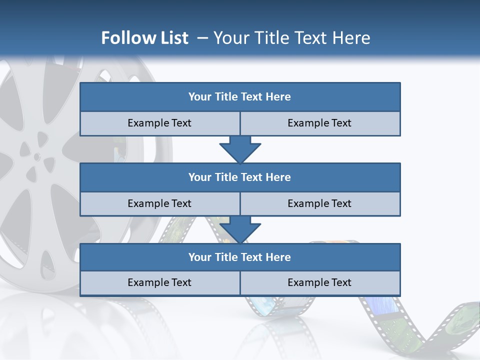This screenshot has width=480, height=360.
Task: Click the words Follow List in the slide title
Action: pos(144,38)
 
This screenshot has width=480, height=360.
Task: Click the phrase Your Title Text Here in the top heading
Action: pos(291,38)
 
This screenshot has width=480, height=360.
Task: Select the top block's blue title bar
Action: pos(240,97)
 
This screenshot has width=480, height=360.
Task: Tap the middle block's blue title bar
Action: pos(240,177)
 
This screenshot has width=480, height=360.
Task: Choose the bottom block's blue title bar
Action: pos(240,257)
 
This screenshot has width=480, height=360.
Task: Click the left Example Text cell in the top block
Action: pos(159,123)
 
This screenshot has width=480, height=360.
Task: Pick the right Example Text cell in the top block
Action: pos(319,123)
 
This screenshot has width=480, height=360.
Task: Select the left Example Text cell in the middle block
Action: pos(159,203)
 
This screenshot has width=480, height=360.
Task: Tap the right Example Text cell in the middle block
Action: pos(319,203)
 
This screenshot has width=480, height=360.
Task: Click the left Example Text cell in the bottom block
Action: pos(159,282)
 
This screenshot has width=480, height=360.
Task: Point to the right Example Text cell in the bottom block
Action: pos(319,282)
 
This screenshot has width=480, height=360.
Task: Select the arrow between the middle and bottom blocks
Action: pos(240,229)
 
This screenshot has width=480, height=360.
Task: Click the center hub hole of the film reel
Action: pos(37,157)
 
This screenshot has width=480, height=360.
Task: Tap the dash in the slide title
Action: pos(202,38)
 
